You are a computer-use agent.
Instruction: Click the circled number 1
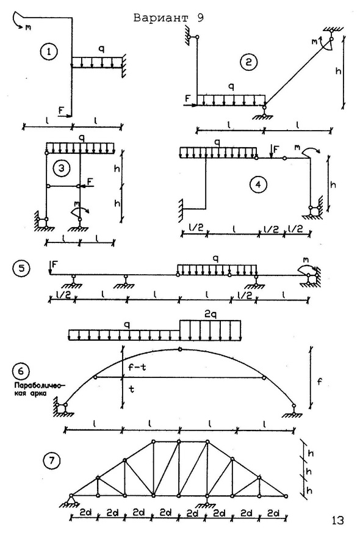click(49, 52)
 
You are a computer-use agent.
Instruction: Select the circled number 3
click(62, 169)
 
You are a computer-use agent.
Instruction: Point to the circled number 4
click(258, 184)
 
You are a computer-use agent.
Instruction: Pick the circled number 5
click(21, 268)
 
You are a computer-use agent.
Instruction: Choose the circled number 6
click(21, 371)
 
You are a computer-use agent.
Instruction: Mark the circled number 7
click(52, 460)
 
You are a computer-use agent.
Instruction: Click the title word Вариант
click(160, 18)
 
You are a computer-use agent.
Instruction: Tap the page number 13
click(337, 520)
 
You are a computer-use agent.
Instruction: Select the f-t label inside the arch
click(137, 367)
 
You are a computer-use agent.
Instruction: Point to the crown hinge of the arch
click(179, 349)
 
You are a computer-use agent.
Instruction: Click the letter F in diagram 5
click(54, 264)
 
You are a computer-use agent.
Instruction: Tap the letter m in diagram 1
click(28, 27)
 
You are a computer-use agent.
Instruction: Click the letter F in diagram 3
click(90, 181)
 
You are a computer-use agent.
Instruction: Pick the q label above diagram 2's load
click(231, 87)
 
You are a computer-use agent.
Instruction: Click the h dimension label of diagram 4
click(333, 184)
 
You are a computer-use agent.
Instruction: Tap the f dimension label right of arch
click(320, 381)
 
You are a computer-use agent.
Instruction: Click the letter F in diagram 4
click(276, 149)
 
